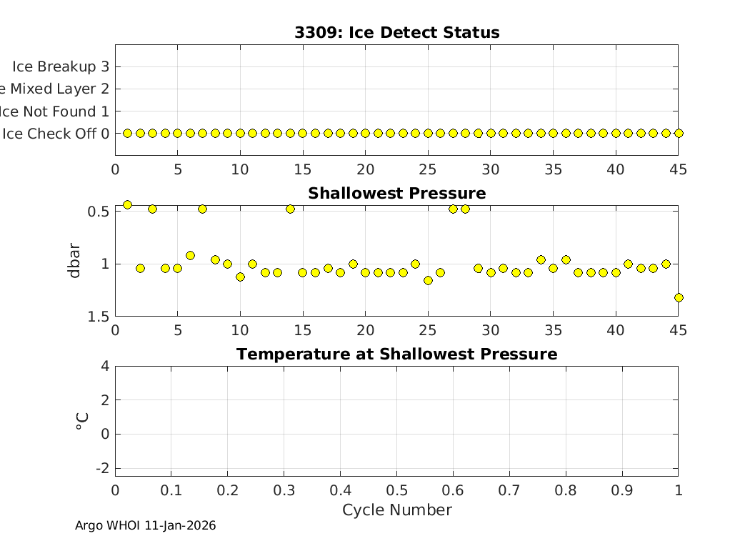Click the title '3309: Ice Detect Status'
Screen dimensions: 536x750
tap(396, 33)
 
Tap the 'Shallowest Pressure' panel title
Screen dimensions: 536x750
tap(396, 194)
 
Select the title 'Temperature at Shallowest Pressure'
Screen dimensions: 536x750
tap(396, 354)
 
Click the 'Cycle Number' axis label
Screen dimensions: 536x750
tap(396, 510)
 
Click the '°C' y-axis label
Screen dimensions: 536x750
tap(81, 421)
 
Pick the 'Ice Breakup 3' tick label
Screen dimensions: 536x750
tap(60, 66)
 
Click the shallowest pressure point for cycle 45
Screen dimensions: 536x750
tap(679, 297)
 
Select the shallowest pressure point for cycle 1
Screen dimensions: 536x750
tap(127, 204)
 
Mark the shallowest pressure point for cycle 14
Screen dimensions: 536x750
tap(290, 209)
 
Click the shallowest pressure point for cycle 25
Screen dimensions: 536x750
tap(428, 280)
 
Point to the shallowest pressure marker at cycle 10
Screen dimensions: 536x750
tap(240, 277)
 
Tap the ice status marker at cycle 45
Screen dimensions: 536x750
tap(679, 133)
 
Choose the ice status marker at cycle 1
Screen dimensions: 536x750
tap(127, 133)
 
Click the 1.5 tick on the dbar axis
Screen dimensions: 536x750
tap(99, 317)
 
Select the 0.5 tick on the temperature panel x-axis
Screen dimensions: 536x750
tap(396, 490)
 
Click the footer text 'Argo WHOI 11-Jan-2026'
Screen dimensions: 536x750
tap(145, 526)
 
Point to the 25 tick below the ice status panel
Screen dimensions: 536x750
tap(428, 170)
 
